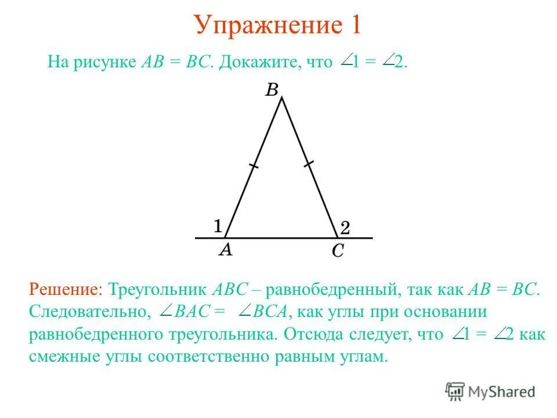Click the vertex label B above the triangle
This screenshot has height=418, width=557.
(x=272, y=89)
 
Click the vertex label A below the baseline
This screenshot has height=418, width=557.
(x=226, y=250)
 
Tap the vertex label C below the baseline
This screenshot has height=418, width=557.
(x=338, y=251)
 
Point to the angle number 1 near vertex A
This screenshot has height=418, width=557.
(x=218, y=225)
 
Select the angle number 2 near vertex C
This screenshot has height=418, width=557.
(x=345, y=228)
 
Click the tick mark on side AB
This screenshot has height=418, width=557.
(x=253, y=167)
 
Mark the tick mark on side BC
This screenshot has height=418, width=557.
(x=309, y=164)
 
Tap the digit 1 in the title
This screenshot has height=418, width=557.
(x=355, y=25)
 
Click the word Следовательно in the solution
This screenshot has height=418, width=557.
(x=87, y=312)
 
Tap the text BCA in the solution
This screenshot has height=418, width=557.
(x=270, y=312)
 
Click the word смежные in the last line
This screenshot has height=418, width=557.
(x=59, y=356)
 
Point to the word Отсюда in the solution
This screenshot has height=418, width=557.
(x=313, y=334)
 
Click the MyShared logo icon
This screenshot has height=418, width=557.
(x=455, y=391)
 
